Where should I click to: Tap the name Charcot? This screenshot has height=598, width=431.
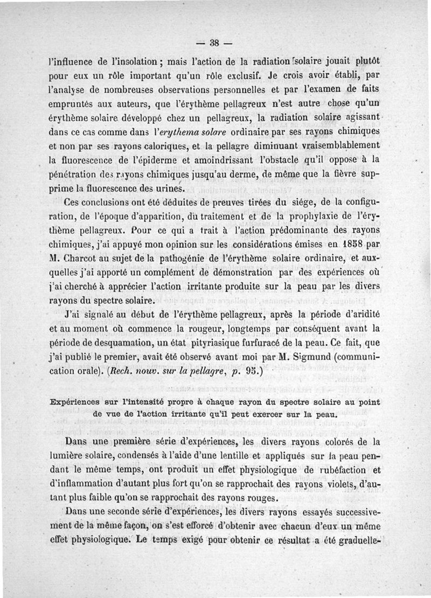[x=85, y=259]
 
